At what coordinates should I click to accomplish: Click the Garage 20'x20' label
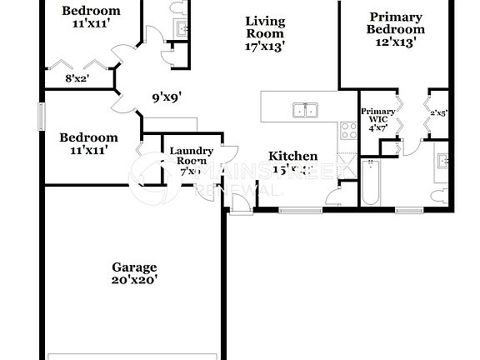134,274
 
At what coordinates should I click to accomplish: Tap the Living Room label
266,34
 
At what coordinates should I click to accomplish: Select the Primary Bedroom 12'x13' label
396,28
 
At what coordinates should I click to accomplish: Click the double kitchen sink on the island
304,110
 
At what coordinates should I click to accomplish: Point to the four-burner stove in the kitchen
347,131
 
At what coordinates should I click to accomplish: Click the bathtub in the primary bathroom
371,184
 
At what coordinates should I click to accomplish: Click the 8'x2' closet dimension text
77,79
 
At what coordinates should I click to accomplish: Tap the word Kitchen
292,156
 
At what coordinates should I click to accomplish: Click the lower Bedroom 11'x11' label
87,143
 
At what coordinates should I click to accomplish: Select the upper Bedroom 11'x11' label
91,17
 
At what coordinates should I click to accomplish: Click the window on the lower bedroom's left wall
40,115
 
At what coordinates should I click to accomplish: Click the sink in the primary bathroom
443,162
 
